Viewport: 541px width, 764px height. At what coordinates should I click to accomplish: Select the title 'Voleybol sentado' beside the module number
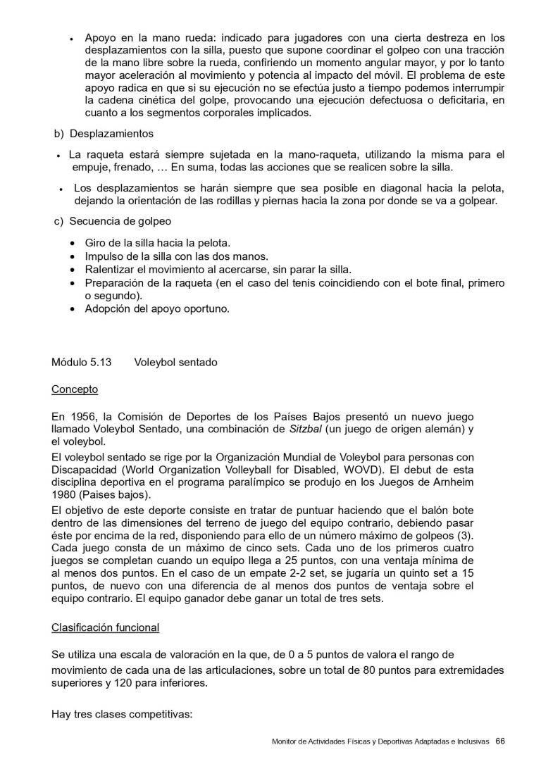tap(175, 362)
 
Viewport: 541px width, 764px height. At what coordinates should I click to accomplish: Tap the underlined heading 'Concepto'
tap(75, 389)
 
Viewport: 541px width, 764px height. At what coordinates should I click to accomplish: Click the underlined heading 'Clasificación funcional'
tap(106, 627)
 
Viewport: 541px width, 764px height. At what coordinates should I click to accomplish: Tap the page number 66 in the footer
tap(500, 741)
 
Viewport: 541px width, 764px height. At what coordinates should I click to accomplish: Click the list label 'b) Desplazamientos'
tap(104, 133)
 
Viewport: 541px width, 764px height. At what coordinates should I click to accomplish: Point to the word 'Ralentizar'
tap(109, 269)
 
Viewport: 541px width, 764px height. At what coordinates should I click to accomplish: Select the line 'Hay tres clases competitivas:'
tap(121, 714)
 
